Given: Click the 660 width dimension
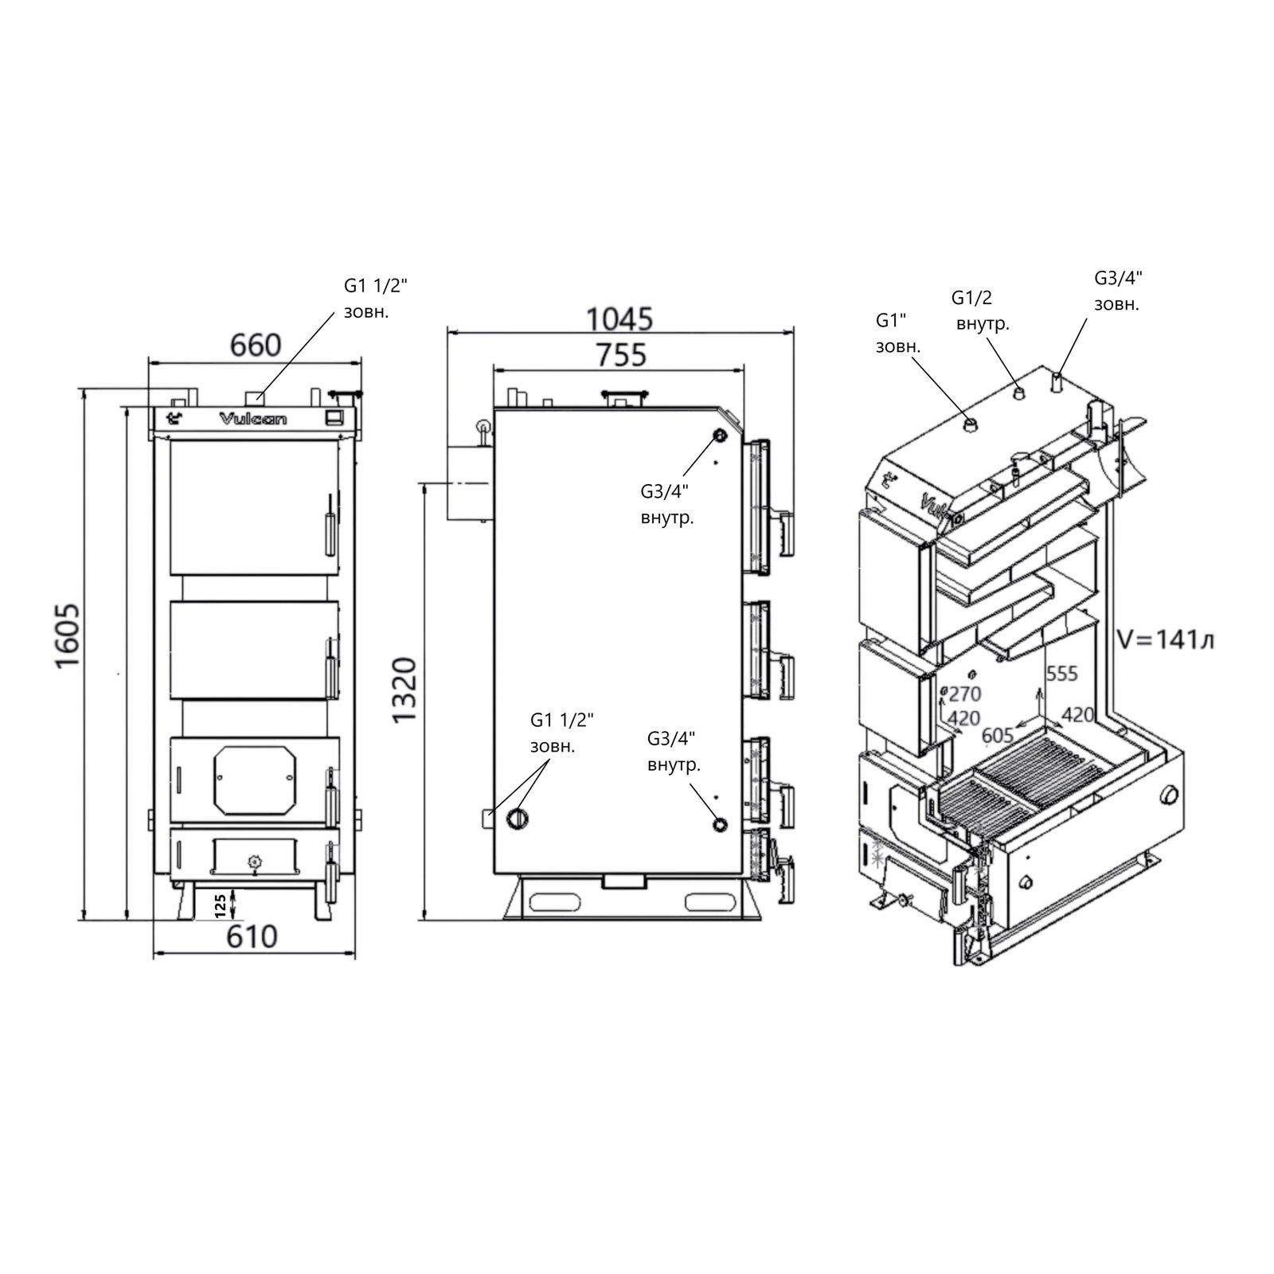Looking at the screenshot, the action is tap(256, 345).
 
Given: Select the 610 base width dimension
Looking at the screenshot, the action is tap(252, 936).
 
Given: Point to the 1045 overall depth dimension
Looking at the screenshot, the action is tap(619, 318).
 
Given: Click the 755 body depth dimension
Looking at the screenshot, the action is tap(621, 354).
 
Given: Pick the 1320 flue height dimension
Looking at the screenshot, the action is tap(404, 690).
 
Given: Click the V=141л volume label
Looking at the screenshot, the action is tap(1165, 639).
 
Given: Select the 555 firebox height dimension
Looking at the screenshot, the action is tap(1061, 674).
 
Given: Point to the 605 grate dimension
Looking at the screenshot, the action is tap(998, 735).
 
